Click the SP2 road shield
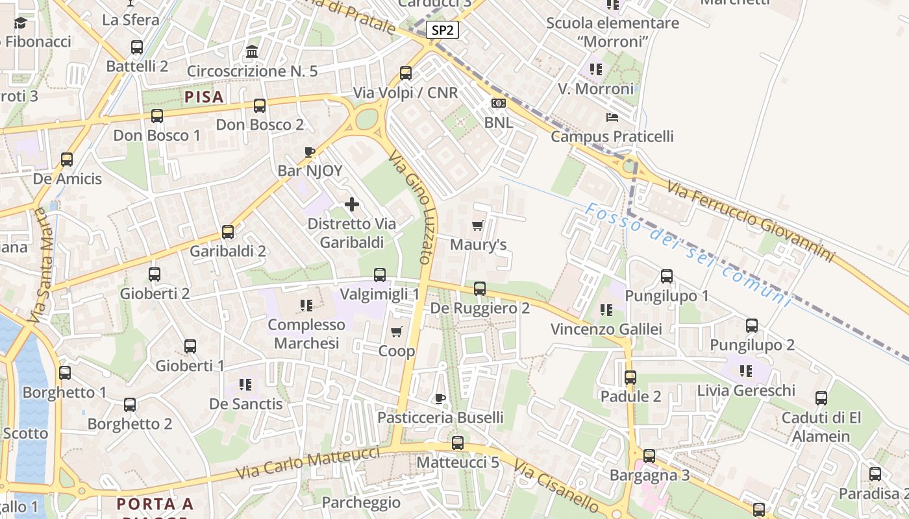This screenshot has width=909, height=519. tap(443, 30)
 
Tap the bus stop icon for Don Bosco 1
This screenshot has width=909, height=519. tap(157, 116)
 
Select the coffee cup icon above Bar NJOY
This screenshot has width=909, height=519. tap(310, 152)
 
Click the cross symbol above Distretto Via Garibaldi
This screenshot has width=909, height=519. tap(352, 205)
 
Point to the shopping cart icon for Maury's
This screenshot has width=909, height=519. tap(478, 226)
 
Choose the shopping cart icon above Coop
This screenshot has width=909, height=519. tap(397, 332)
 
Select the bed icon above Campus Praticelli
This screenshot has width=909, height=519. tap(612, 117)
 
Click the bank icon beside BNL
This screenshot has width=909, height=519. tap(498, 103)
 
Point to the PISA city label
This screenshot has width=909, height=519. tap(204, 97)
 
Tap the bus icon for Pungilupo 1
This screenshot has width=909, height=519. tap(667, 276)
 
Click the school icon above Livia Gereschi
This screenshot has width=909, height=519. tap(745, 371)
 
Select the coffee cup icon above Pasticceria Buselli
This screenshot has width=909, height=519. tap(440, 398)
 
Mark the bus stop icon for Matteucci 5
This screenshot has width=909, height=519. tap(458, 443)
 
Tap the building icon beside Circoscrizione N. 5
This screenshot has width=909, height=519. tap(252, 51)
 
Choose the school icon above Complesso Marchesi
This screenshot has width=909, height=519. tap(306, 305)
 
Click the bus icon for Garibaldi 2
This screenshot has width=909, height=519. tap(228, 232)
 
